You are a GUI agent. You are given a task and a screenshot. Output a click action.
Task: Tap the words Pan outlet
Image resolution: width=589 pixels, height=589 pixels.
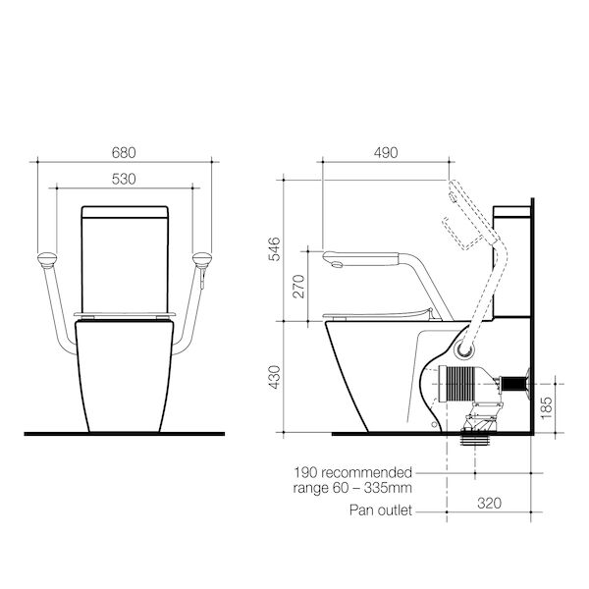point(381,510)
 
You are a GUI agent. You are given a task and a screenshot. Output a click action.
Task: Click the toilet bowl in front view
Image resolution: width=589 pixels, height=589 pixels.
point(123,378)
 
